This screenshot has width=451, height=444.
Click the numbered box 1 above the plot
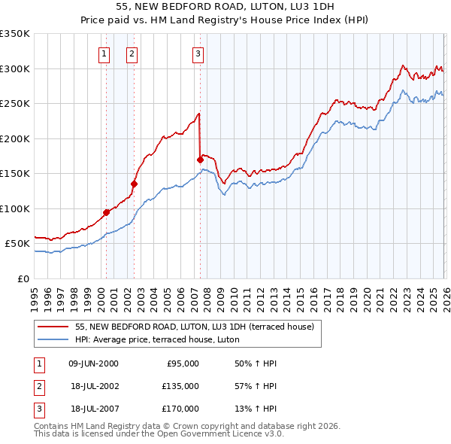tap(103, 53)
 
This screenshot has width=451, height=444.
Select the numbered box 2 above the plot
tap(132, 53)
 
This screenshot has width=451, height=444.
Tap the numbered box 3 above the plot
tap(198, 53)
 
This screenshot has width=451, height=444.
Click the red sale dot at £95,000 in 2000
tap(106, 212)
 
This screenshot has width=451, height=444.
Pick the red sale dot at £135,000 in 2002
tap(134, 184)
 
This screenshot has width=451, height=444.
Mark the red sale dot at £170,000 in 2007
tap(200, 160)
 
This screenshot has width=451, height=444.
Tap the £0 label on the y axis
tap(23, 278)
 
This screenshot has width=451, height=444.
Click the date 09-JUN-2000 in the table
tap(93, 363)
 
